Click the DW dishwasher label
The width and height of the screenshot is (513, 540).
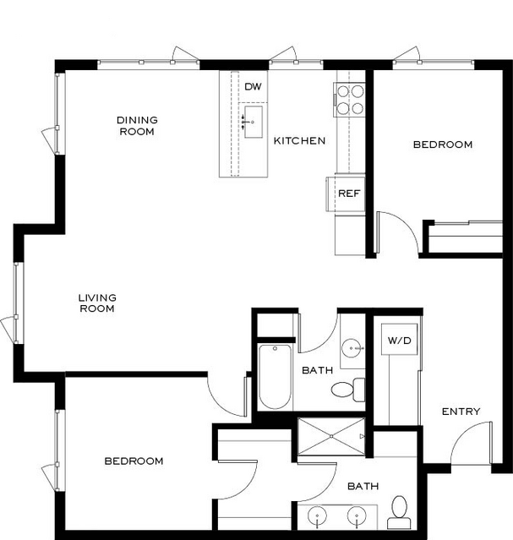(253, 86)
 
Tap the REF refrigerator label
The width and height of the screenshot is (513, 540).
(349, 194)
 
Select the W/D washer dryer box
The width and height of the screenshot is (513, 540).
(399, 340)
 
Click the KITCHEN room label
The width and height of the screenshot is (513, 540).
(299, 140)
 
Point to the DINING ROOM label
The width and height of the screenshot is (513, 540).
(137, 126)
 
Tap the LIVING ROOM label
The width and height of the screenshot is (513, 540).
(97, 303)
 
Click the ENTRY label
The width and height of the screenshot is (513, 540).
(461, 412)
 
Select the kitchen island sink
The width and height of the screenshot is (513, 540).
(254, 122)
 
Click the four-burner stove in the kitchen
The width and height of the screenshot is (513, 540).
(349, 100)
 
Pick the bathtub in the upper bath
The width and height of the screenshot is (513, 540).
(275, 377)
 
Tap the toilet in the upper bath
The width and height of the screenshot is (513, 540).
(348, 390)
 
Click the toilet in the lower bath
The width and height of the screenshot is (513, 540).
(399, 512)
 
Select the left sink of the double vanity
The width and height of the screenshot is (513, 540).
(317, 515)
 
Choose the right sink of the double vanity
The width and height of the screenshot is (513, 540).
(357, 515)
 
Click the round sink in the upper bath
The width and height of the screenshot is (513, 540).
(352, 348)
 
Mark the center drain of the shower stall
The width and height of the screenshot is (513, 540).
(331, 436)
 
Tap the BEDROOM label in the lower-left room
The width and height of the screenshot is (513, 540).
(134, 461)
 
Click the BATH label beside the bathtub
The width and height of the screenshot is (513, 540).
(317, 370)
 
